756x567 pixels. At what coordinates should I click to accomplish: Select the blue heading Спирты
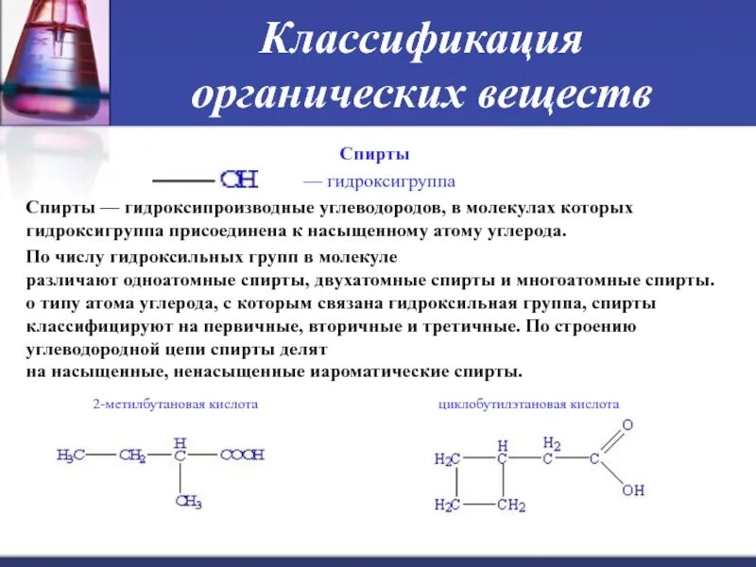374,153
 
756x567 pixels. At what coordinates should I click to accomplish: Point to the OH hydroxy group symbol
239,180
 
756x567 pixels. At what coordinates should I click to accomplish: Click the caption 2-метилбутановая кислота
175,404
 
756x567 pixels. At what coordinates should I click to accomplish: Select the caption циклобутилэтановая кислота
528,404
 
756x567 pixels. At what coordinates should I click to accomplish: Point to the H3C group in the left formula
70,455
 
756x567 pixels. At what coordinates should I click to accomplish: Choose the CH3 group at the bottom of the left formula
189,502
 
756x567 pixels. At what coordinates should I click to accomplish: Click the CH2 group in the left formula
132,455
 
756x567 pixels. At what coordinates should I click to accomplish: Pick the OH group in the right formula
632,490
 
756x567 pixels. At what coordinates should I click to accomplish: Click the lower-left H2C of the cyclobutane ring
447,506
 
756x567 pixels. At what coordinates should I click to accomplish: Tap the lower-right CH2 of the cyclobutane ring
510,506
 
